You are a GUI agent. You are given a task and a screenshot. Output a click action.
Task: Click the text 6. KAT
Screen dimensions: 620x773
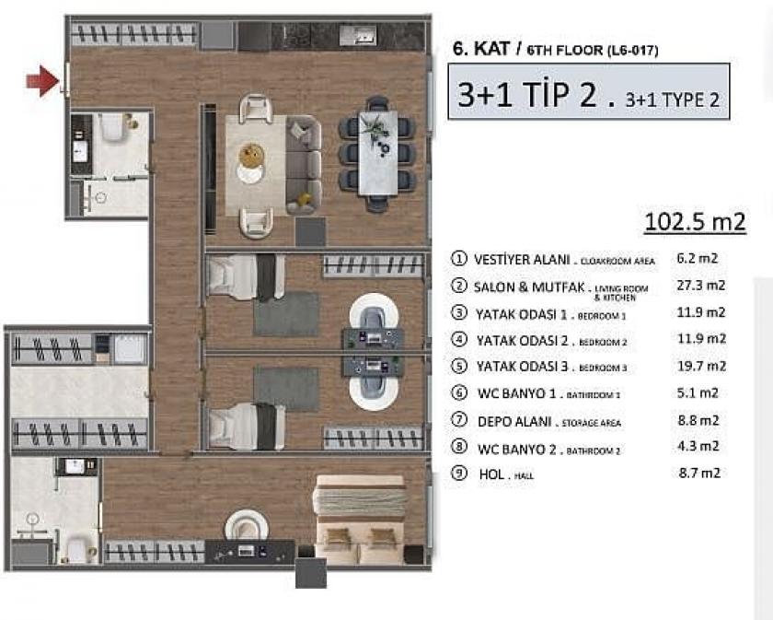(x=474, y=51)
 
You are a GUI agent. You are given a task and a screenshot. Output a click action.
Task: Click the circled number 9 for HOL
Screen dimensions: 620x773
(x=458, y=474)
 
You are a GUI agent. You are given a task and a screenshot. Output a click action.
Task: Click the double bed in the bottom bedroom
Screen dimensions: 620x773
(x=360, y=519)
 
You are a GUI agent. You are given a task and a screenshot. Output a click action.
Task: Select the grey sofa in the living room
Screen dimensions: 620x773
(x=303, y=162)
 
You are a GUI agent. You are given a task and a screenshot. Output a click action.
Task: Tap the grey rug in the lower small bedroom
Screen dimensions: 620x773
(x=286, y=388)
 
